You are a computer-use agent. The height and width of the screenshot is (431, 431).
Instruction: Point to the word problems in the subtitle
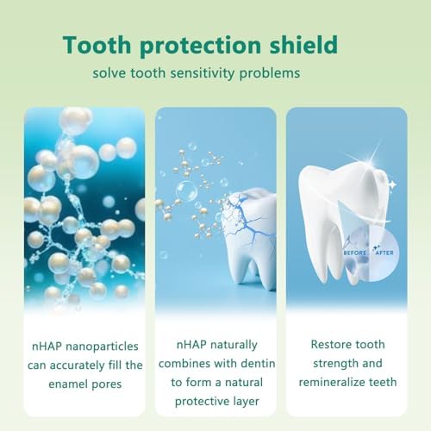(x=269, y=73)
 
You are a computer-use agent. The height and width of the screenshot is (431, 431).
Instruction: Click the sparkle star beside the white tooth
(x=391, y=184)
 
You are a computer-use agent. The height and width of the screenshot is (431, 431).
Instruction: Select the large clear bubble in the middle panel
(x=187, y=190)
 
